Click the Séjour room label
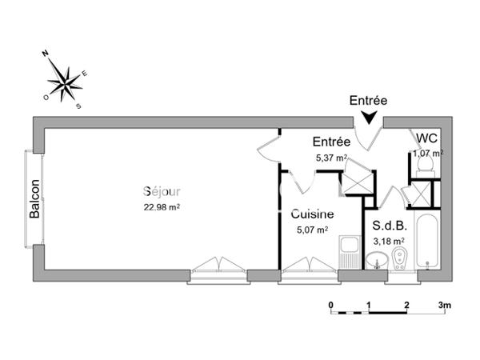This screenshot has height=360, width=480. tap(162, 191)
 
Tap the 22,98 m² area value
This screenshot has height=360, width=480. tap(162, 207)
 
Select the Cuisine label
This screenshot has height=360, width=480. tap(312, 214)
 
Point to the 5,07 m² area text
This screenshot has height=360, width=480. tap(313, 230)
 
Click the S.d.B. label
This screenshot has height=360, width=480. tap(390, 226)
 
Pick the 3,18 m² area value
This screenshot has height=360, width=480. tap(389, 242)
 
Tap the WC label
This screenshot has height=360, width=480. tap(426, 138)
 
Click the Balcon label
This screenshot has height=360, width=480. tap(34, 198)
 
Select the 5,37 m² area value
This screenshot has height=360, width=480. tap(331, 158)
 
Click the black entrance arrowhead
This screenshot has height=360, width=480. tap(369, 118)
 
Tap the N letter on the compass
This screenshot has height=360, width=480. tap(46, 54)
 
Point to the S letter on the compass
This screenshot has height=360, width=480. tap(78, 106)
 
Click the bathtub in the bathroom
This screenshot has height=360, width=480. tap(427, 242)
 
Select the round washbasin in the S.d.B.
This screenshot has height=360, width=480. tap(377, 261)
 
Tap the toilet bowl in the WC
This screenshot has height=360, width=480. tap(426, 162)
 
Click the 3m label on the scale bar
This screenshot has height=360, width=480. tap(445, 305)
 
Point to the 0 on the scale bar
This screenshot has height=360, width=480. tap(331, 305)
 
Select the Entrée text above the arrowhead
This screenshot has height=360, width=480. tap(368, 101)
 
